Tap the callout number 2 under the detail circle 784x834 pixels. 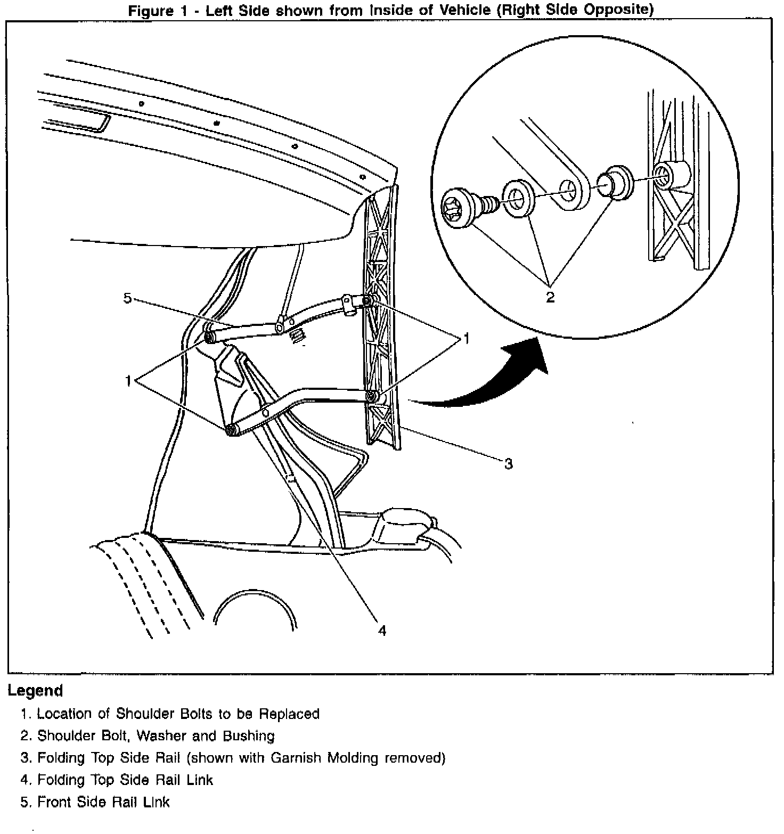coord(550,297)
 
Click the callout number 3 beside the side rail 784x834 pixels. coord(508,464)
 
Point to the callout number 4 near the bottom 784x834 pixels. coord(381,631)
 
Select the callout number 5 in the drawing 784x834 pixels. coord(128,298)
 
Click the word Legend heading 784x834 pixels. coord(35,691)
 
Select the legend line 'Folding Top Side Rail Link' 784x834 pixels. coord(125,780)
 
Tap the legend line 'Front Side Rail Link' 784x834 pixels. coord(103,802)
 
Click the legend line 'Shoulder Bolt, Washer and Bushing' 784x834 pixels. coord(156,736)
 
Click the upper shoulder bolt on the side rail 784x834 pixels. coord(367,301)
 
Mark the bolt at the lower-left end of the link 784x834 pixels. coord(231,430)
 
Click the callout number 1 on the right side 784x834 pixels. coord(466,338)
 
